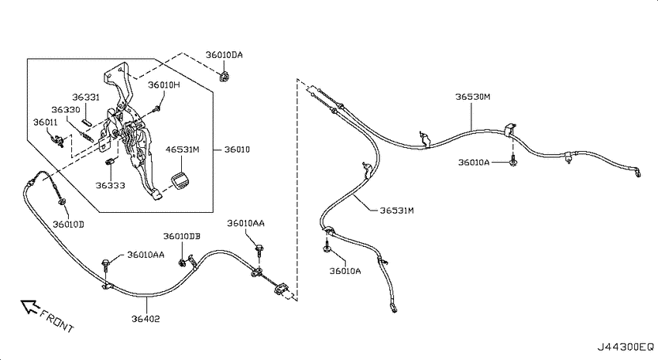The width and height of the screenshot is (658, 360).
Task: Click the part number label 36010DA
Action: [x=224, y=55]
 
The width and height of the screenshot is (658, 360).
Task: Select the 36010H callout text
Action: [x=163, y=85]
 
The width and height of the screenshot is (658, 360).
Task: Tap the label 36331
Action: [x=86, y=98]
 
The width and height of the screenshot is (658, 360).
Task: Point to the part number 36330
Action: [x=66, y=110]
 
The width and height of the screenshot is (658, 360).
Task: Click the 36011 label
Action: [x=46, y=122]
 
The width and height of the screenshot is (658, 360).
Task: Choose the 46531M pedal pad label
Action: [x=182, y=149]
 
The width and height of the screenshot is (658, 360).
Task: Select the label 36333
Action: [x=110, y=186]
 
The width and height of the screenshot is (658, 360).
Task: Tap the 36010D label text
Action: [x=68, y=225]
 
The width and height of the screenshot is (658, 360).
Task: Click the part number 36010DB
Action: [x=182, y=236]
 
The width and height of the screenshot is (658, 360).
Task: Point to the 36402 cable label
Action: [x=146, y=319]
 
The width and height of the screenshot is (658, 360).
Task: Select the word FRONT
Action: [x=57, y=321]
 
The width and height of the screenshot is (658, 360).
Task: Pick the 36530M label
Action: [x=472, y=97]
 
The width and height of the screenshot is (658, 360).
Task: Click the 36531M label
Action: [x=396, y=211]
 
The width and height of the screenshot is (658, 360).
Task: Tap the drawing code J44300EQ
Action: [x=625, y=347]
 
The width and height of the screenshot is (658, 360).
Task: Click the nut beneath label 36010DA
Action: [x=225, y=77]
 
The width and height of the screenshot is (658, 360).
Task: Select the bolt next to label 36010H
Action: [x=157, y=109]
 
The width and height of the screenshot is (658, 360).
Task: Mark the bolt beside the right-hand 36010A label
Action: [x=512, y=162]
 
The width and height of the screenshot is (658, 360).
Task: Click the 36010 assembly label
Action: [x=237, y=149]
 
